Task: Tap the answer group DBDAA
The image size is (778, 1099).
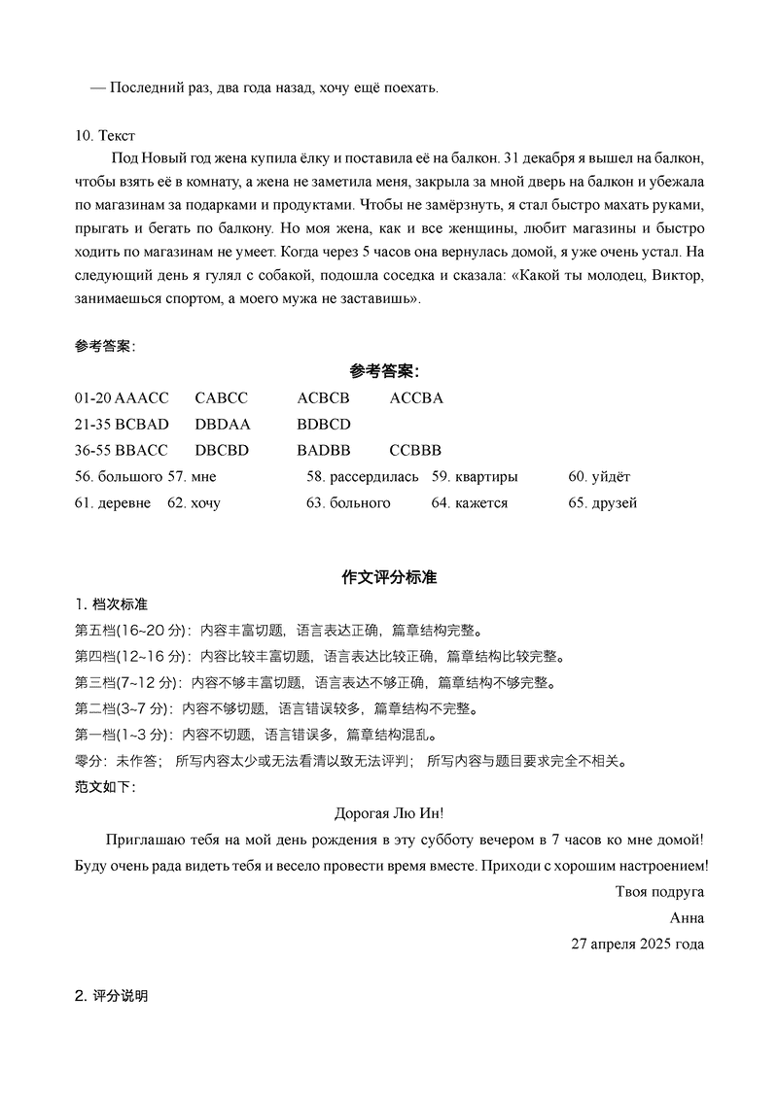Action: [x=223, y=425]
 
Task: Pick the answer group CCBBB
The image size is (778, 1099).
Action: [x=415, y=451]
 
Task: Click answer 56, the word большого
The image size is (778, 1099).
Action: [x=131, y=477]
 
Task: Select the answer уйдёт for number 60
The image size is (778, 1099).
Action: [x=612, y=477]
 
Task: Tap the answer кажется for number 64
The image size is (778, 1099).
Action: [x=481, y=503]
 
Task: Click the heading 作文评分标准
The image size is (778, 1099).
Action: [x=389, y=577]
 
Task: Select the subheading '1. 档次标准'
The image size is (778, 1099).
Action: [x=112, y=604]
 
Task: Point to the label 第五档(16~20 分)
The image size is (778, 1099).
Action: [x=132, y=630]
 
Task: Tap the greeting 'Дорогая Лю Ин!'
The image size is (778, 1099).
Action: [x=389, y=812]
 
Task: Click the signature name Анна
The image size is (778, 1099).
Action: [x=687, y=917]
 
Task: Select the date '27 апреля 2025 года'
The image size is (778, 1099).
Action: [x=637, y=944]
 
